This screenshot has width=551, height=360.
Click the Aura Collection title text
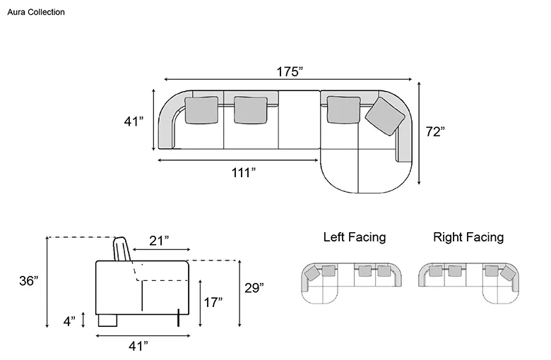tap(36, 12)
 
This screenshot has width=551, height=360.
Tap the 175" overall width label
tap(290, 72)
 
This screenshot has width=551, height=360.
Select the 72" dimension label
tap(435, 132)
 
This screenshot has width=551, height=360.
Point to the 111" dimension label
tap(243, 172)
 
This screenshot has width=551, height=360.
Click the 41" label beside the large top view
tap(134, 121)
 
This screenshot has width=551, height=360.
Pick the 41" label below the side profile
tap(138, 347)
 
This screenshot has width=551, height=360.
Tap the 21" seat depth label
tap(159, 241)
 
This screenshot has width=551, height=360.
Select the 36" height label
tap(29, 281)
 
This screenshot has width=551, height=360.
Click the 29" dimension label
tap(254, 288)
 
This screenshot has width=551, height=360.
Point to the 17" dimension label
tap(213, 302)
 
